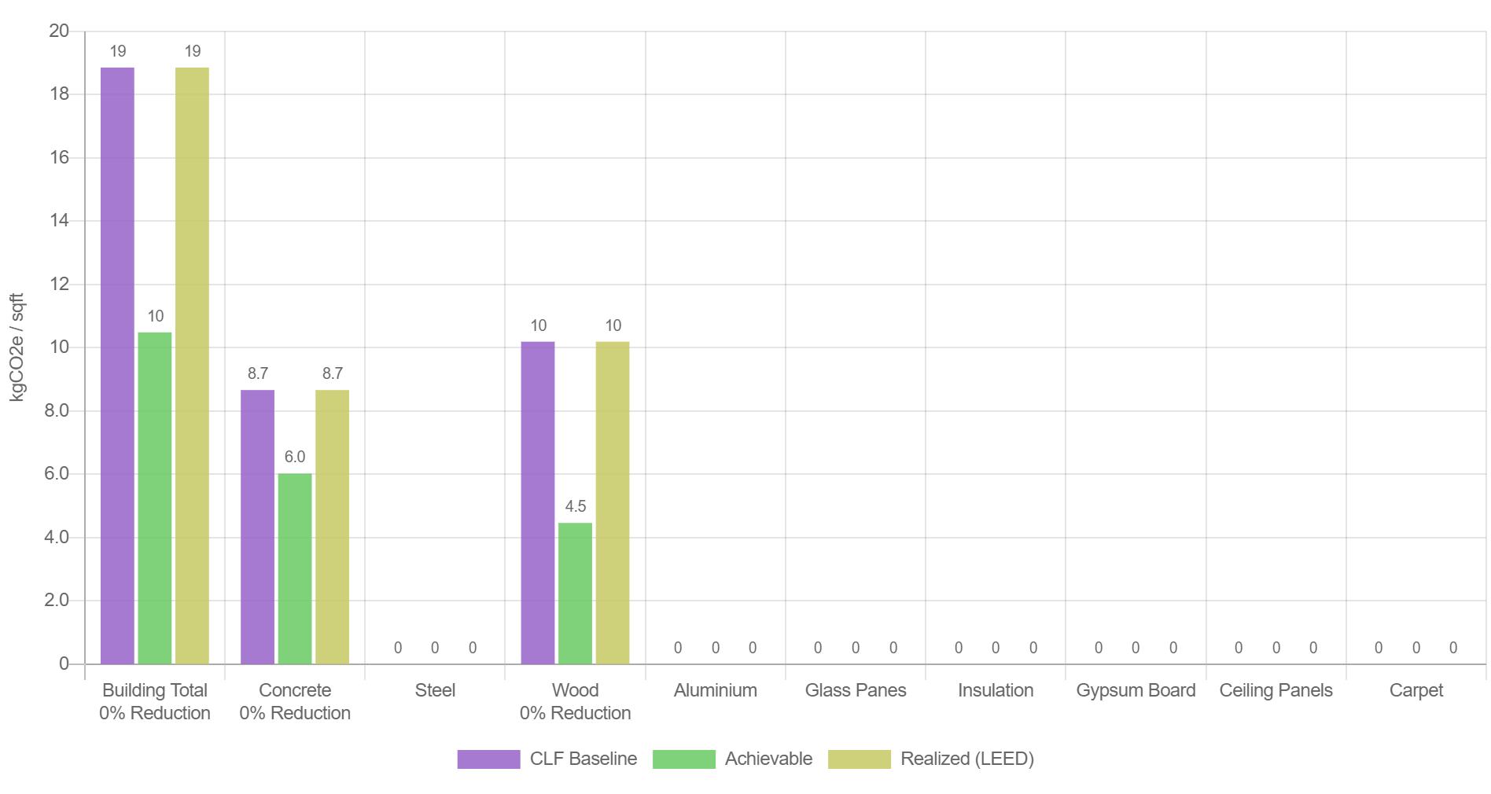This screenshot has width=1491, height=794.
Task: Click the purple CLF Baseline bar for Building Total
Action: point(117,366)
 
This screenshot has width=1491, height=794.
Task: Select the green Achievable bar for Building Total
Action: point(155,498)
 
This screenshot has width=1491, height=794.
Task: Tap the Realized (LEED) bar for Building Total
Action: point(192,366)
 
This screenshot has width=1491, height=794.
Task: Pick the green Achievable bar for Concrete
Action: point(295,568)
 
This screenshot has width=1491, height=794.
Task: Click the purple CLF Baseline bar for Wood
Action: point(538,503)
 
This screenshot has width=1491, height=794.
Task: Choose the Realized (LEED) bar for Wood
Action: point(613,503)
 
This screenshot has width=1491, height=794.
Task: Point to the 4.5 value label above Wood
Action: point(576,506)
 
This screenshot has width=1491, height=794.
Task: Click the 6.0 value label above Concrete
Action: point(295,457)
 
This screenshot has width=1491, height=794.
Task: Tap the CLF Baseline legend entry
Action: point(547,759)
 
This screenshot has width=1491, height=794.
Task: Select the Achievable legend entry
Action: point(733,759)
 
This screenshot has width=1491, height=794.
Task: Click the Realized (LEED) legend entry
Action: point(931,759)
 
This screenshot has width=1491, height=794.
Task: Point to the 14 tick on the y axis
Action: point(59,221)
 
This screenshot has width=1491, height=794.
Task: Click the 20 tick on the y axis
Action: point(59,31)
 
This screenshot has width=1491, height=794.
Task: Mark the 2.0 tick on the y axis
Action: point(57,601)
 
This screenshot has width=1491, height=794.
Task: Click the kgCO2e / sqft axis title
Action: point(17,347)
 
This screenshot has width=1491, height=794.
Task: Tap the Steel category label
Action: point(435,690)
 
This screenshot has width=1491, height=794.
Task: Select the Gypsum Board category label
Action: point(1136,690)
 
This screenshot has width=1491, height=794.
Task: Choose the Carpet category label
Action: point(1416,690)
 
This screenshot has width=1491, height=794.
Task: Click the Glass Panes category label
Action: point(856,690)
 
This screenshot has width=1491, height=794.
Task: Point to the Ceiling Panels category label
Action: point(1276,690)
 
